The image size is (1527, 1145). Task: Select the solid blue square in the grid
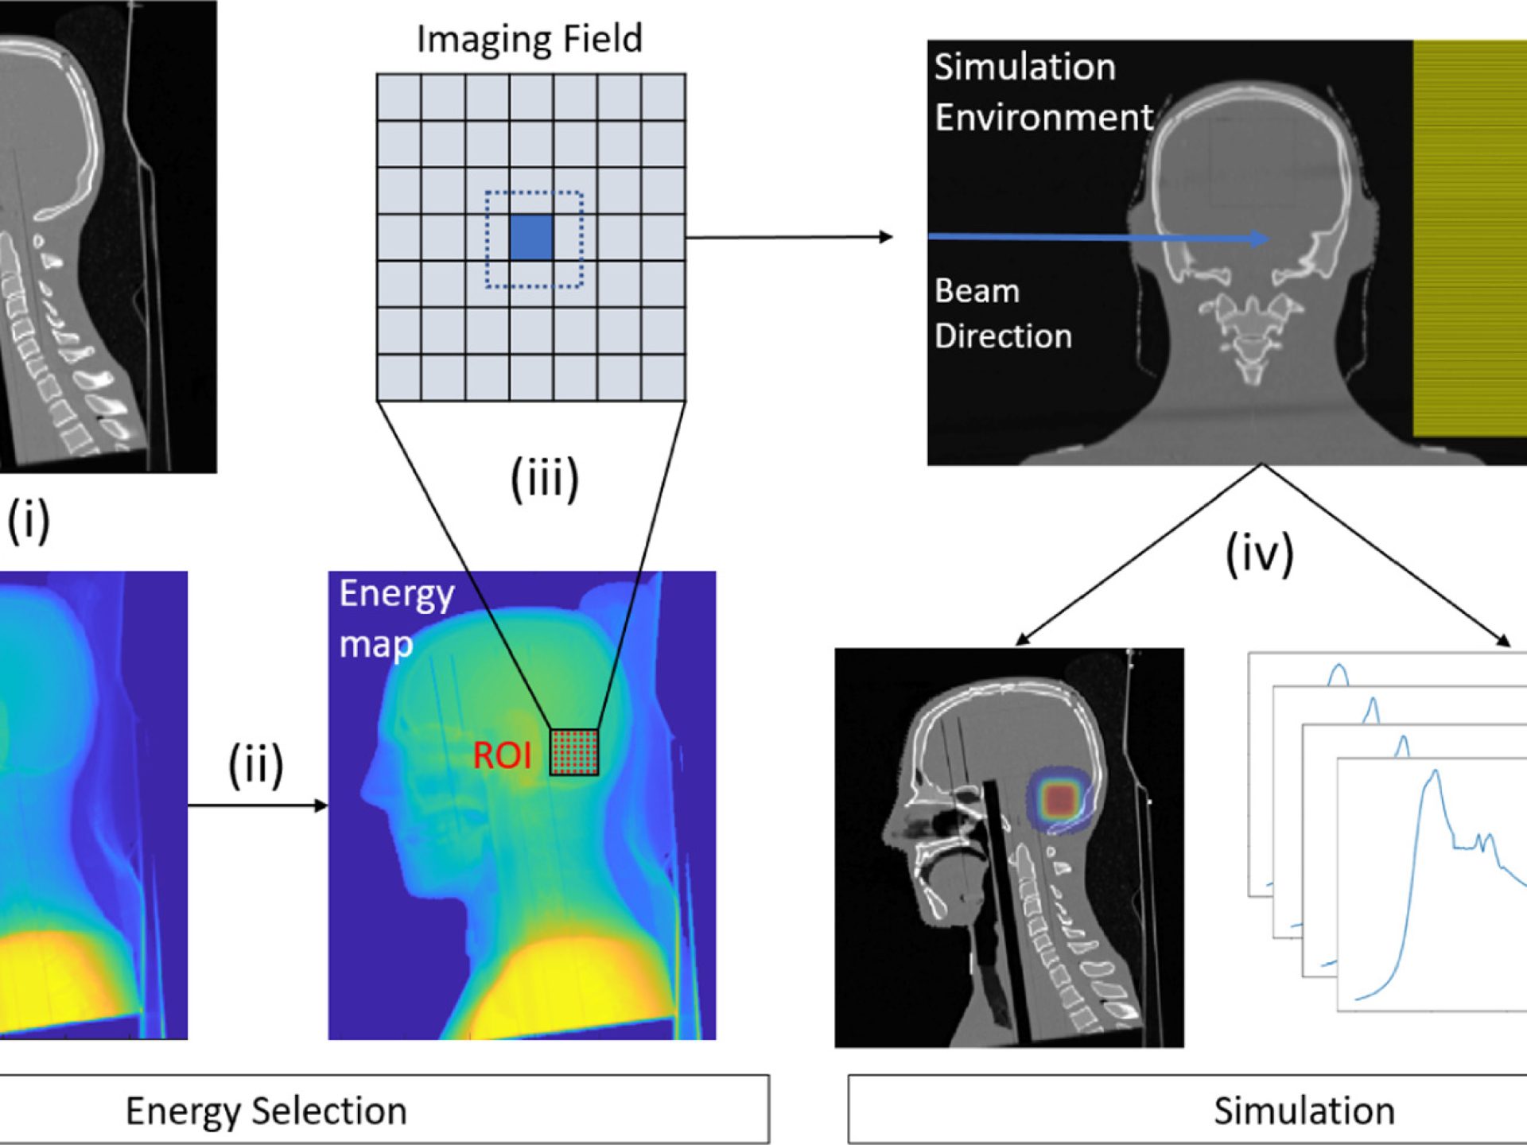pyautogui.click(x=530, y=237)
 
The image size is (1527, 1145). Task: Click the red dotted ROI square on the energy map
pyautogui.click(x=574, y=751)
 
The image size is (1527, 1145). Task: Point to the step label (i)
pyautogui.click(x=29, y=521)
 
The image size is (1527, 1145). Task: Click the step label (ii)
pyautogui.click(x=255, y=766)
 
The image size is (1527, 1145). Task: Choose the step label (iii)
pyautogui.click(x=544, y=479)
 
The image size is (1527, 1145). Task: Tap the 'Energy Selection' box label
pyautogui.click(x=266, y=1111)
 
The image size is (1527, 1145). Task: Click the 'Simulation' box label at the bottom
pyautogui.click(x=1304, y=1111)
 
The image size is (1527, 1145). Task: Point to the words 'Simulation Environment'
pyautogui.click(x=1042, y=92)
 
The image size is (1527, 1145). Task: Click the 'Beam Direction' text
pyautogui.click(x=1002, y=313)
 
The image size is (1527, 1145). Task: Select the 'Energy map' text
pyautogui.click(x=395, y=619)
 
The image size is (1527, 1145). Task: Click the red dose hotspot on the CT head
pyautogui.click(x=1059, y=800)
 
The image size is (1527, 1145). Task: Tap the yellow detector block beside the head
pyautogui.click(x=1469, y=239)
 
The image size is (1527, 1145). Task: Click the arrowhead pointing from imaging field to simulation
pyautogui.click(x=885, y=237)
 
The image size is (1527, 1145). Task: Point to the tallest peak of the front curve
pyautogui.click(x=1435, y=774)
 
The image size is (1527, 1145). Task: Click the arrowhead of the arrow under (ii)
pyautogui.click(x=321, y=805)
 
